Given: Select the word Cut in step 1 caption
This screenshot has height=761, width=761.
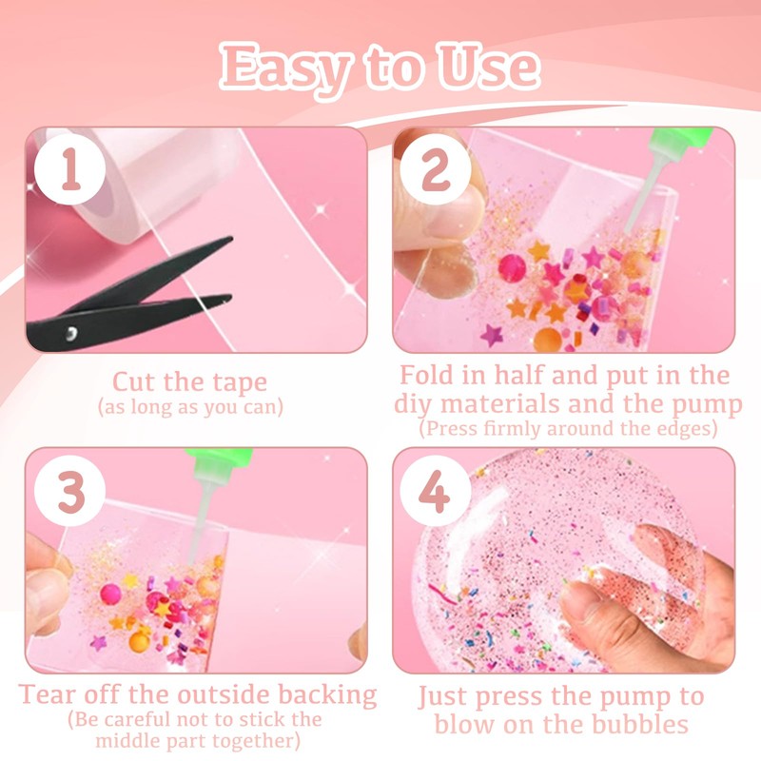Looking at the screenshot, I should [134, 382].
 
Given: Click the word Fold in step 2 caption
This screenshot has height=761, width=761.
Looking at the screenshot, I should [429, 375].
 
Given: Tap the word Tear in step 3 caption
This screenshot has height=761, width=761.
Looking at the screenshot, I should [49, 693].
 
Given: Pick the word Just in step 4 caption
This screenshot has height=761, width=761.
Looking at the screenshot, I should [448, 696].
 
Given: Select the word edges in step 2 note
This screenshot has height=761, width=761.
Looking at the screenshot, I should [687, 429].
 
